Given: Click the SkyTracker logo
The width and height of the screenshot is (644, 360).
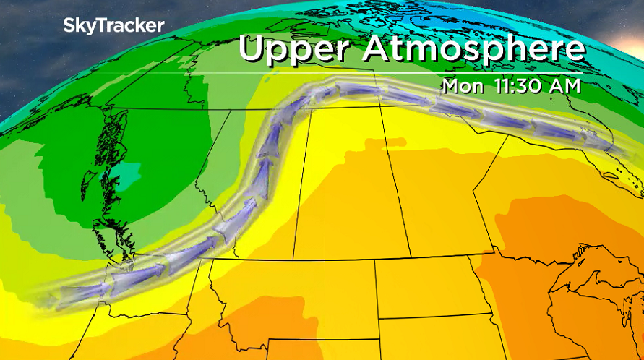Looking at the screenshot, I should (113, 26).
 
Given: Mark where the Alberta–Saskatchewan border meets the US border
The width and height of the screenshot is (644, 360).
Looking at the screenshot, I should (293, 259).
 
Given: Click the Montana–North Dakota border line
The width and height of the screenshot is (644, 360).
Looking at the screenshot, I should (374, 289).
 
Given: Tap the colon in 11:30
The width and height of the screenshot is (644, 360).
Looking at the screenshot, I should (508, 86).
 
